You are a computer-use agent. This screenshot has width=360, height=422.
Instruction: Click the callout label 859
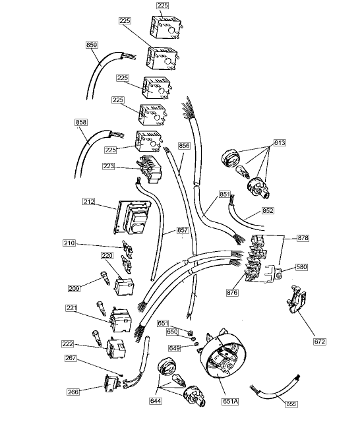point(92,45)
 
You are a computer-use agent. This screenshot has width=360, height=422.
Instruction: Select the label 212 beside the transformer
point(90,201)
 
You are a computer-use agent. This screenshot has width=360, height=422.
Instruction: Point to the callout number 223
point(109,167)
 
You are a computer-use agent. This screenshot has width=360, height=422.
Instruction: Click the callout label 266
point(74,392)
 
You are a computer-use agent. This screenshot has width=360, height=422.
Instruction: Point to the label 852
point(268,211)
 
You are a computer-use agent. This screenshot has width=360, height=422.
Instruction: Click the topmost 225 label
point(163,5)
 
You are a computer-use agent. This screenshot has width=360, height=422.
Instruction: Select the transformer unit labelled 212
point(136,218)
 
